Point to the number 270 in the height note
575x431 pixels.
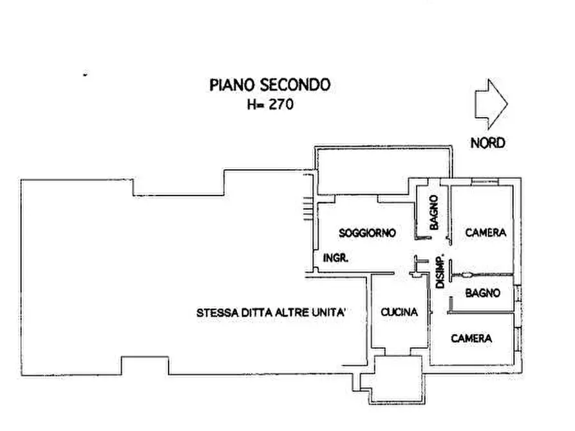(x=281, y=104)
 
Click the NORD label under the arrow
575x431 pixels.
(x=487, y=143)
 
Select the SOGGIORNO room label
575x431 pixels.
(x=367, y=232)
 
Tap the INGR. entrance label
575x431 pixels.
(x=335, y=258)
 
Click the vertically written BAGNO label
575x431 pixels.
(x=434, y=213)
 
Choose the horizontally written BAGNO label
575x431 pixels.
(x=483, y=293)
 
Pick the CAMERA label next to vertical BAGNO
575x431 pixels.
(x=485, y=232)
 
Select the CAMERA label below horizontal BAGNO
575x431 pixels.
(x=471, y=338)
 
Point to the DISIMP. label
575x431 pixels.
(x=441, y=270)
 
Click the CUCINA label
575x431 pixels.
(x=399, y=312)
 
